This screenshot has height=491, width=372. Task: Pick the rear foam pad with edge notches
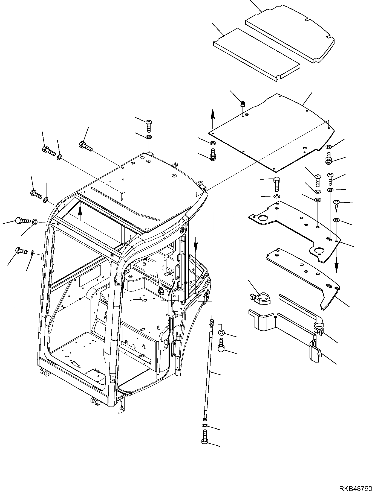tap(290, 36)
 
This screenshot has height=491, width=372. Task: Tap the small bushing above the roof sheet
tap(242, 104)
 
